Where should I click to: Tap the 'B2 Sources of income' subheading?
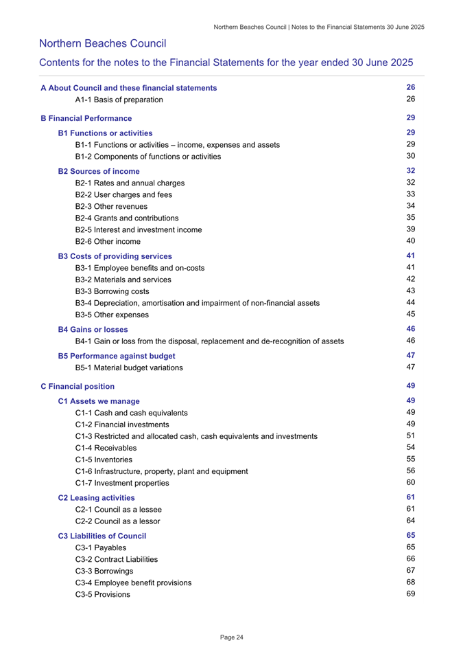(x=99, y=171)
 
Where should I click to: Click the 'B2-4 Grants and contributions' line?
(x=127, y=218)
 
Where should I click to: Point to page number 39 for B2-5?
(x=412, y=229)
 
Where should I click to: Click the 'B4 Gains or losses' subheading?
(x=93, y=330)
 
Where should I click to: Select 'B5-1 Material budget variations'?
(x=129, y=367)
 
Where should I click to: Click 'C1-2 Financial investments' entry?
(x=123, y=425)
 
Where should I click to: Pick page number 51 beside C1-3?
(x=412, y=436)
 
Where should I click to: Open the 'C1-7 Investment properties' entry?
(x=123, y=483)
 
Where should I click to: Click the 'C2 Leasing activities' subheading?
(x=96, y=497)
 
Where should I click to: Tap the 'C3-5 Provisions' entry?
(x=102, y=594)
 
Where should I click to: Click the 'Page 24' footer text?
(x=231, y=637)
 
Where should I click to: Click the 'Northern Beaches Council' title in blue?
(x=103, y=43)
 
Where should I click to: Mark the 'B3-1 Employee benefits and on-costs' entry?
(x=139, y=268)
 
